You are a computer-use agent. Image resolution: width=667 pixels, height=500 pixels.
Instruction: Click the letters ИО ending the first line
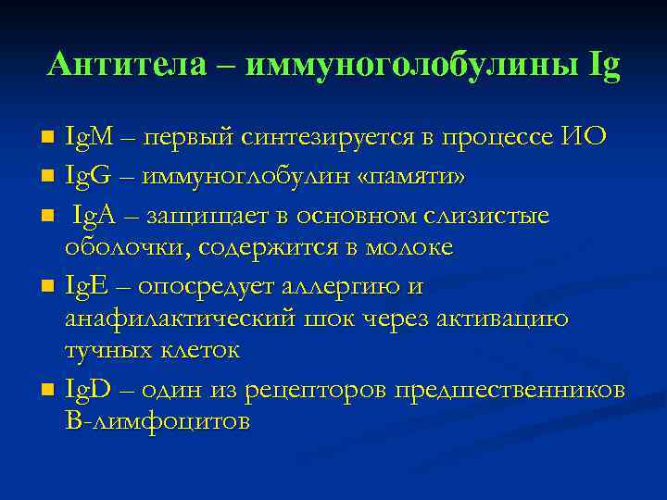(x=584, y=138)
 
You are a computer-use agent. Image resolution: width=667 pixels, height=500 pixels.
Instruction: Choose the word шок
(x=330, y=319)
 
